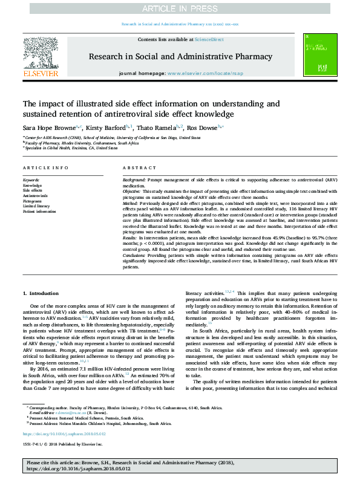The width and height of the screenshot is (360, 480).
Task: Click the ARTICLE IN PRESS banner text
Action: [x=180, y=8]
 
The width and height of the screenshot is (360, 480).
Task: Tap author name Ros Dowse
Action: [x=203, y=128]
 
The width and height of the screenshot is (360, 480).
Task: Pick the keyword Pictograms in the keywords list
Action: [x=33, y=201]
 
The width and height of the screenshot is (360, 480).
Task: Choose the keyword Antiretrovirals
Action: [x=36, y=196]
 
